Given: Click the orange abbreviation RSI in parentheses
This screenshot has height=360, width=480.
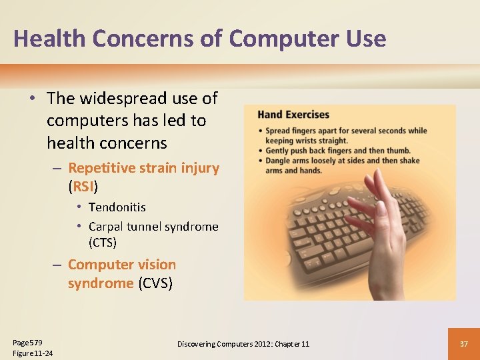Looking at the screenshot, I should coord(83,187).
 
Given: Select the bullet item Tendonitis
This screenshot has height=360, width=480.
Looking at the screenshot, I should coord(117,207).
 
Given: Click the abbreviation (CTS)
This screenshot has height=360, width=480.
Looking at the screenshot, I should coord(102,242).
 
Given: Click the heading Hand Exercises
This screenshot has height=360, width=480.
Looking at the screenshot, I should coord(293,115).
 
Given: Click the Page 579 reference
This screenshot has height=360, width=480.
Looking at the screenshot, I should coord(27,341).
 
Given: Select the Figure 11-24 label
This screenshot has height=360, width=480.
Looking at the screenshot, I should coord(33,353).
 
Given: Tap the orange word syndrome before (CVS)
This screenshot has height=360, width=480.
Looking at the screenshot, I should coord(100,283).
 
